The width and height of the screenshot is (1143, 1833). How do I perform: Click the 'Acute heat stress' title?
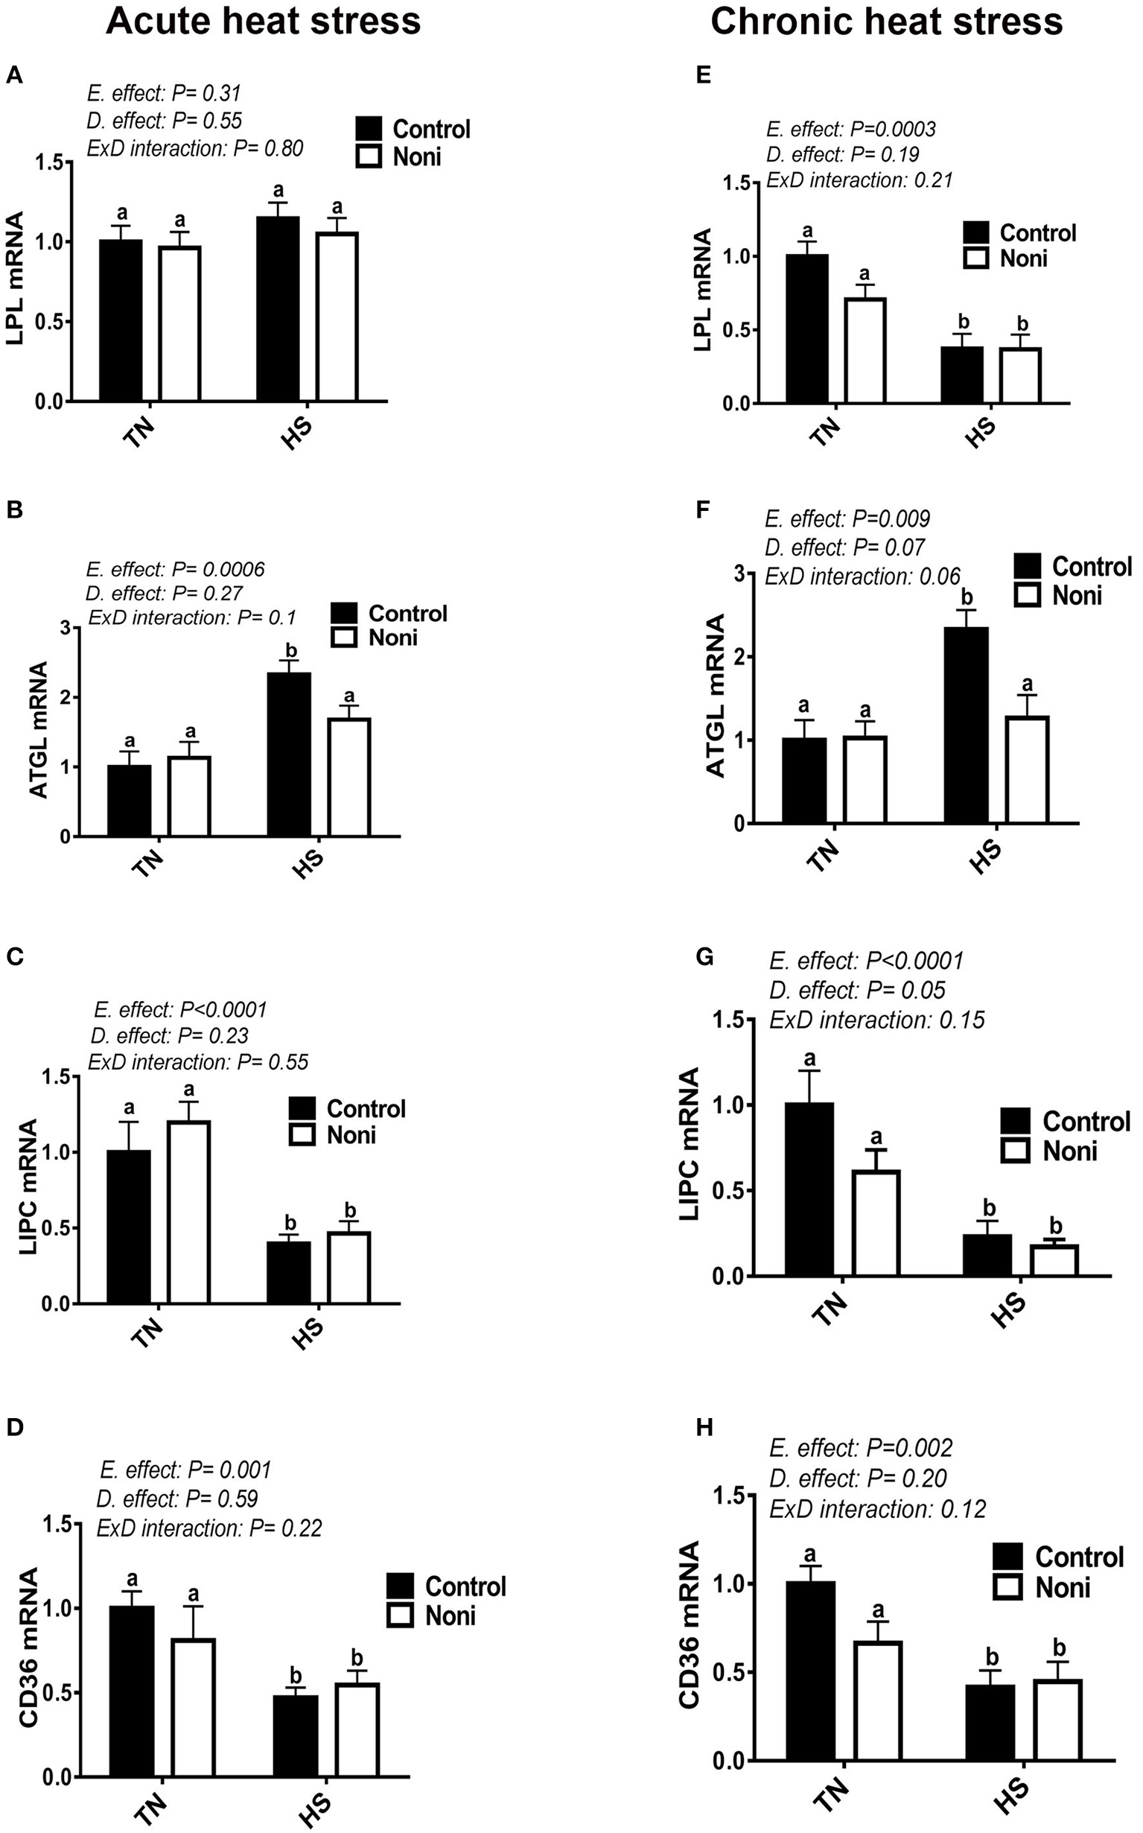[x=263, y=21]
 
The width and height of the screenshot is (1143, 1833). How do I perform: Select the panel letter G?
[x=704, y=957]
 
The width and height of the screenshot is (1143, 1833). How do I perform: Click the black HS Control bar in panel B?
[x=289, y=754]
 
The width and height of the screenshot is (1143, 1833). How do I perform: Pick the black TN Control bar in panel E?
[x=806, y=328]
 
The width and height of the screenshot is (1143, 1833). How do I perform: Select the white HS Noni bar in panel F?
[x=1026, y=769]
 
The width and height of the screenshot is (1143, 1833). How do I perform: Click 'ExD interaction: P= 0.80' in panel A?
[x=195, y=148]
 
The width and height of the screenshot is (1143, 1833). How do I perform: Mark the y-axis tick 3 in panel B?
[x=66, y=628]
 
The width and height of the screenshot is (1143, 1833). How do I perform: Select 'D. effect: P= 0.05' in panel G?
[x=857, y=990]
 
